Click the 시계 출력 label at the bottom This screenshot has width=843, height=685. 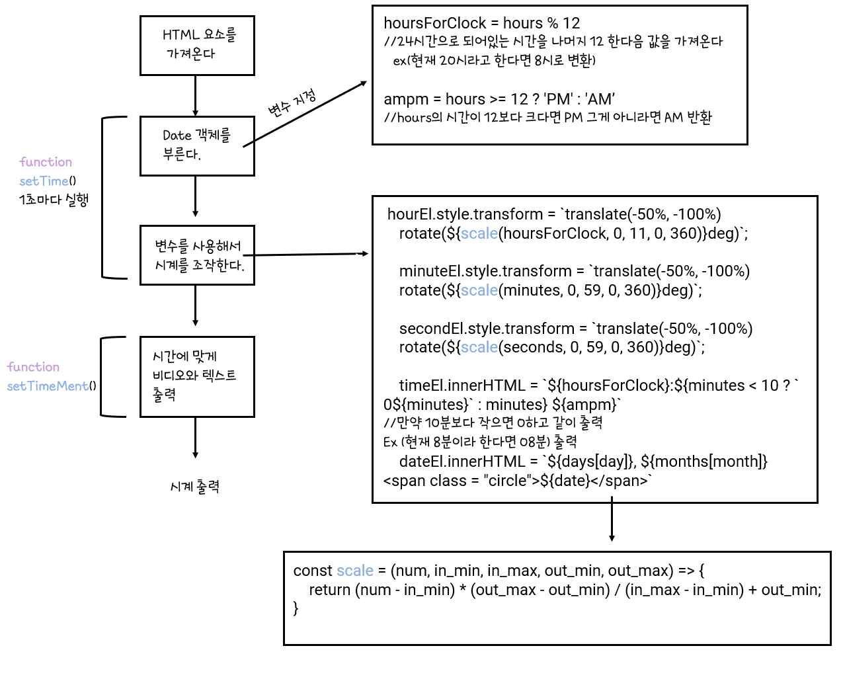click(195, 487)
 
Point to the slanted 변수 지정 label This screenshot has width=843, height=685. click(292, 103)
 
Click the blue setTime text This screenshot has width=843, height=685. click(44, 181)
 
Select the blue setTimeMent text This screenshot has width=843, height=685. click(48, 386)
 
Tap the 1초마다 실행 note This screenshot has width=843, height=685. click(54, 200)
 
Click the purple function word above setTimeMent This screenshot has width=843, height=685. click(33, 367)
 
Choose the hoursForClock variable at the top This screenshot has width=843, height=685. click(434, 23)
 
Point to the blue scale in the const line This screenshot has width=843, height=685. click(355, 571)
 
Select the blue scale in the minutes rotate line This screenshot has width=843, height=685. click(479, 290)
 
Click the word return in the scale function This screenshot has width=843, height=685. click(330, 590)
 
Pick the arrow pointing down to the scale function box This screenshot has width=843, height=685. click(612, 519)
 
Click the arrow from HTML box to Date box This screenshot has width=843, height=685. click(195, 96)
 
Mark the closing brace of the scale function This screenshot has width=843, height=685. click(296, 608)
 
